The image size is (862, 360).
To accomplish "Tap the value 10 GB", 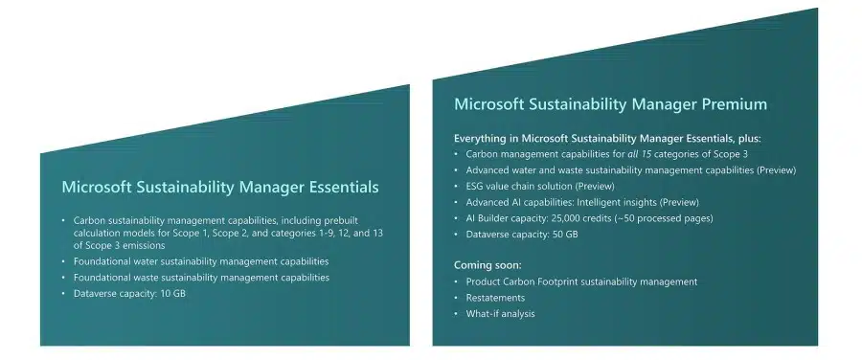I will click(172, 293).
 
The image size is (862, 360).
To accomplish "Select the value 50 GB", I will click(565, 235).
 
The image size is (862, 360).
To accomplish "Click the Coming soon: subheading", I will click(487, 264).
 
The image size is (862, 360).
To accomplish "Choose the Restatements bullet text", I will click(495, 298).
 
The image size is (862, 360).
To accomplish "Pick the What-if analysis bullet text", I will click(500, 314).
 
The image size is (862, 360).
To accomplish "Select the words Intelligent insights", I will click(636, 202).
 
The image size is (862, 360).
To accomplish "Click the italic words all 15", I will click(643, 153).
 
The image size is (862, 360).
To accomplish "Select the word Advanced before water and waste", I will click(488, 169).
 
